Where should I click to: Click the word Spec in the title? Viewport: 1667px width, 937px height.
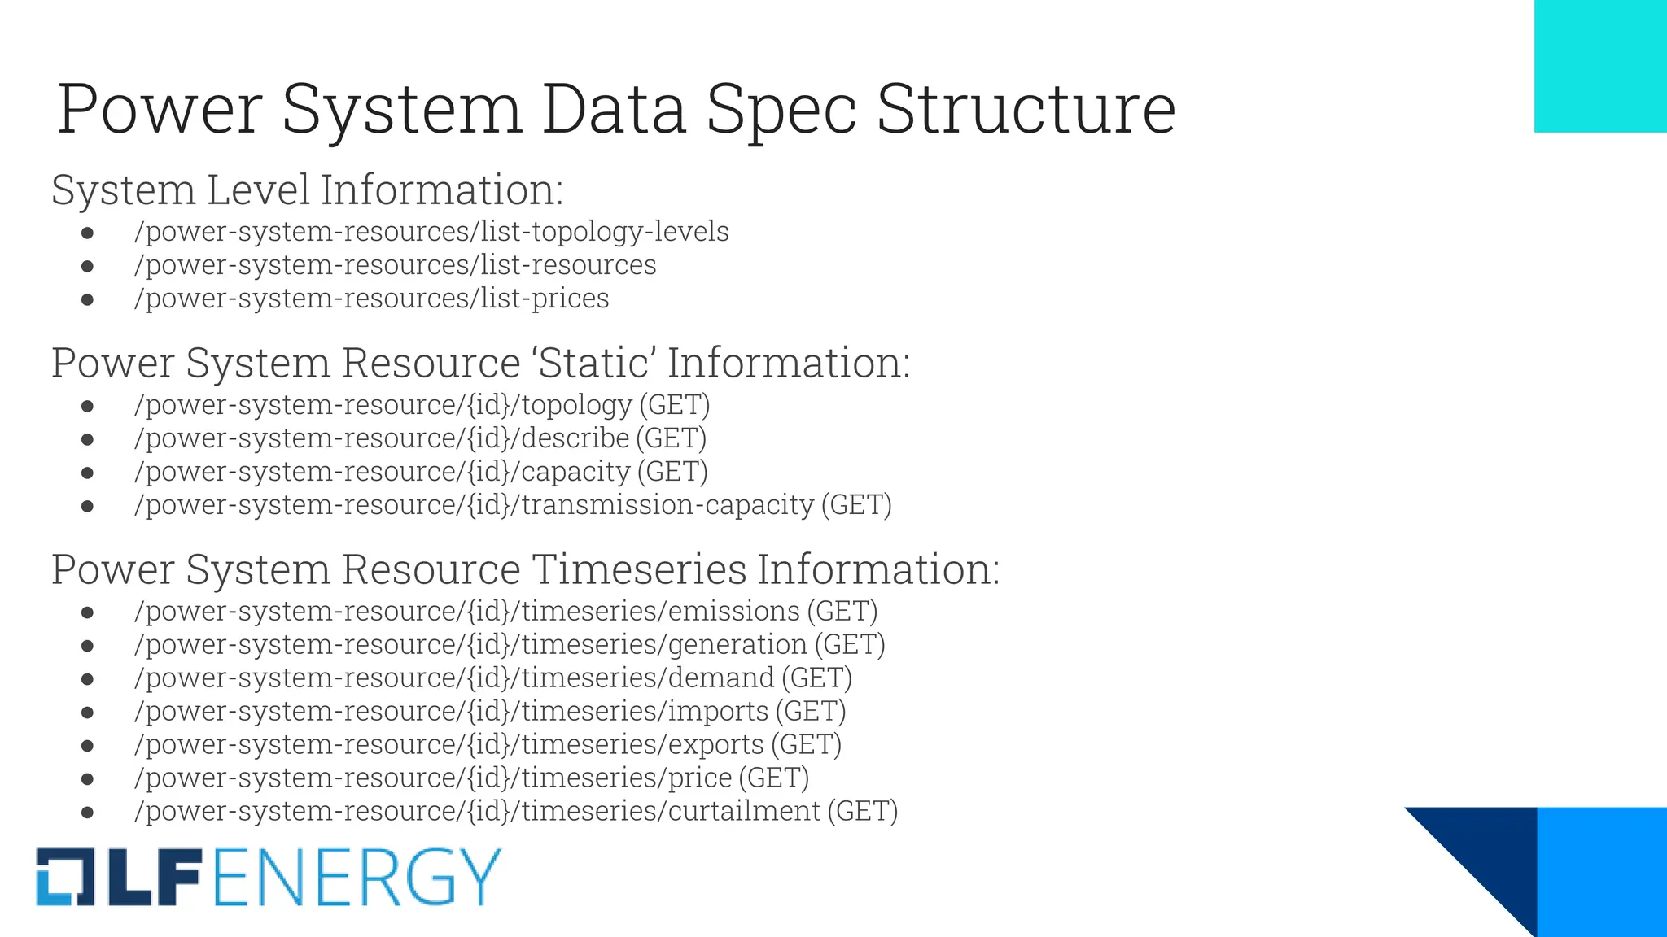click(x=780, y=110)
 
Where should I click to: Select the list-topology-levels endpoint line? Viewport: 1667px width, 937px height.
click(x=431, y=232)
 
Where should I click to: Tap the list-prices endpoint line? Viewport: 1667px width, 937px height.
click(x=371, y=299)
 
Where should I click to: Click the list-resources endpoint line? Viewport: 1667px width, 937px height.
click(x=395, y=265)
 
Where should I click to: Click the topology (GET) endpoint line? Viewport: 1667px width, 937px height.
click(x=422, y=405)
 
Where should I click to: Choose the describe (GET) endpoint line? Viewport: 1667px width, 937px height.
click(x=420, y=438)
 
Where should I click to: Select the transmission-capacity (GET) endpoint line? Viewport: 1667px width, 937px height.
click(x=513, y=505)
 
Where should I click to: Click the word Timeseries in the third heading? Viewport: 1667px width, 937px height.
click(x=639, y=569)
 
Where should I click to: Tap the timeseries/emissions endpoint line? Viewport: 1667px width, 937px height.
click(x=505, y=612)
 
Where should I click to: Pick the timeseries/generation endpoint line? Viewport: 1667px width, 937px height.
click(x=510, y=645)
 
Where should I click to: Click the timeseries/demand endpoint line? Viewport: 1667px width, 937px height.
click(x=492, y=678)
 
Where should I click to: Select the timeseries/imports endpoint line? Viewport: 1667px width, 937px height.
click(x=489, y=712)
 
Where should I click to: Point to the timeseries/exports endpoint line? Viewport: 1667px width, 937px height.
click(x=488, y=745)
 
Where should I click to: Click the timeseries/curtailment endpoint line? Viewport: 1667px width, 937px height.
click(x=515, y=812)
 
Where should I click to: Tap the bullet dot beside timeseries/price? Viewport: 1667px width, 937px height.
click(x=88, y=779)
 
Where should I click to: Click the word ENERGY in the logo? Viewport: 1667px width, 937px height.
click(x=357, y=877)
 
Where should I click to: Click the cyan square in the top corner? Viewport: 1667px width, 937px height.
click(x=1600, y=65)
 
